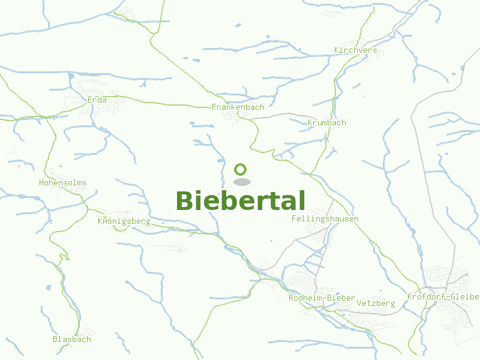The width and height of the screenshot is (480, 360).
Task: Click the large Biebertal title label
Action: point(241,201)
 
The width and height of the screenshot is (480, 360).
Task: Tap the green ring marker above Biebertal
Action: point(241,169)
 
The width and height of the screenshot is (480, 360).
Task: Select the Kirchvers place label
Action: point(356,50)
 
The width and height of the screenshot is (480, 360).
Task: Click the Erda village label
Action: point(97,100)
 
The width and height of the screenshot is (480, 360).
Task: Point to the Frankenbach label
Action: point(238,107)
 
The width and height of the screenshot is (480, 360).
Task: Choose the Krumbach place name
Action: point(326,123)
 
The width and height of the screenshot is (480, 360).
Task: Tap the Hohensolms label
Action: point(62,183)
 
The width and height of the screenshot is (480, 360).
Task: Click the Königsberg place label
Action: point(124,221)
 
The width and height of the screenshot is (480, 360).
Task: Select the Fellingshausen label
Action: point(325,219)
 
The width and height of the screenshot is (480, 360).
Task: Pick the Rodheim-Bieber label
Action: point(322,298)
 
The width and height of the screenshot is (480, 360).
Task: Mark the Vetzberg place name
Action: point(376,304)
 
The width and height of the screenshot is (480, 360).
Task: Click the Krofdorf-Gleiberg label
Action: point(443,297)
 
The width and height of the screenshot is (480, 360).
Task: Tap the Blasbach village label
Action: point(71,339)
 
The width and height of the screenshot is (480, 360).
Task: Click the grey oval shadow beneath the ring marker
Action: point(241,182)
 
